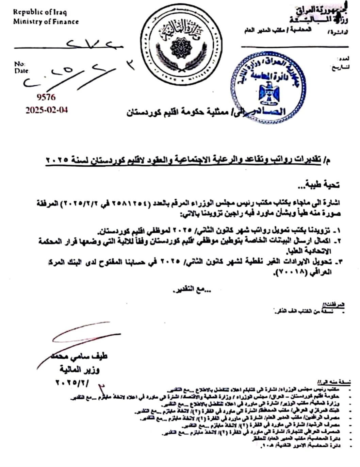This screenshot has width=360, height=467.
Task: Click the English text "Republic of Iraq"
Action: point(40,12)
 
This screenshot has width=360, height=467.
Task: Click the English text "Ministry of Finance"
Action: point(46,21)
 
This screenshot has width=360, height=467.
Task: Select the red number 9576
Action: point(46,97)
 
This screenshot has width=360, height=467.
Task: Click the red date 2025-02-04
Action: point(47,110)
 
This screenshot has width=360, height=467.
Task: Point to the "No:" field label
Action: point(19,64)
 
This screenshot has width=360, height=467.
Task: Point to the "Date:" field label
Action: point(21,71)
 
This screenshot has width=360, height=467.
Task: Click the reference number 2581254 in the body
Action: point(168,204)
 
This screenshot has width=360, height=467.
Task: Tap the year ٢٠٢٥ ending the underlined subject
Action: point(58,160)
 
